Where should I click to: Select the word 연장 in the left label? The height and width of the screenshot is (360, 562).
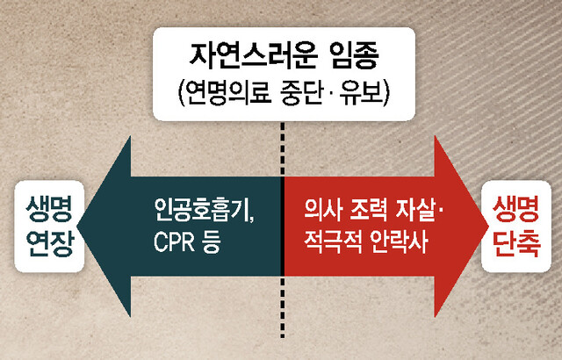(x=50, y=243)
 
